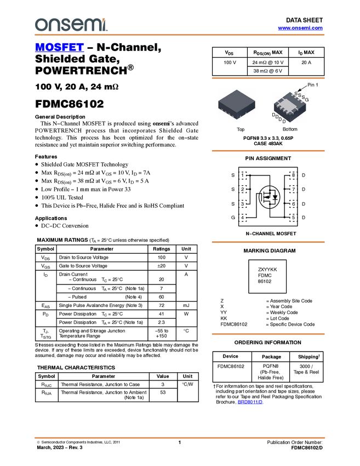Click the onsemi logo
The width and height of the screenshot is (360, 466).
point(71,25)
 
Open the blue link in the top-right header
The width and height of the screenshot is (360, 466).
point(300,28)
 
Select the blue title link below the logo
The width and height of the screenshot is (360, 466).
point(59,48)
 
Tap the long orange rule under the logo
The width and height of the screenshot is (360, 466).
point(180,35)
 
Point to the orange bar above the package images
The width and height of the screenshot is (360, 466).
point(268,78)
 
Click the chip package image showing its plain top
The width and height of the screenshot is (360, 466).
point(236,104)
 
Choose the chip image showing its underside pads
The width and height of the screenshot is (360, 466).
point(290,107)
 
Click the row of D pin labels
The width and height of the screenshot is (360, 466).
point(279,118)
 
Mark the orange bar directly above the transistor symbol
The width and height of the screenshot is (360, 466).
point(268,151)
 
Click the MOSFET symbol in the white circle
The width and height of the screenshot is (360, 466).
point(269,197)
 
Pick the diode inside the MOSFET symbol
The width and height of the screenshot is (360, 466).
point(275,198)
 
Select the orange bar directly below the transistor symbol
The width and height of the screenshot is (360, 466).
point(268,242)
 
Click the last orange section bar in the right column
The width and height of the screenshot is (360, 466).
point(268,333)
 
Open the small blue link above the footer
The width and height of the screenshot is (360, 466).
point(250,402)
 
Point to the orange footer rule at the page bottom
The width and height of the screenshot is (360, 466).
point(180,437)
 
